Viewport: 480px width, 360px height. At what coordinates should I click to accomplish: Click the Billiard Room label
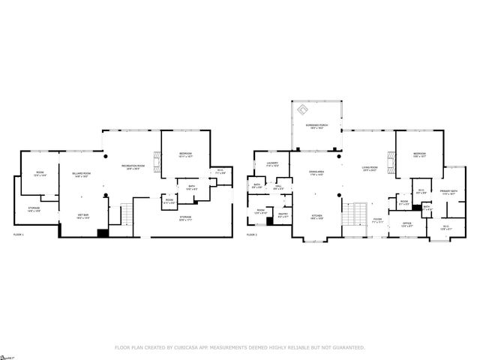[82, 175]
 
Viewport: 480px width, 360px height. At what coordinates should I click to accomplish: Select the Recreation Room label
[134, 167]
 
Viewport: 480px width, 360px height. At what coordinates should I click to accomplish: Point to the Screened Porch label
[316, 126]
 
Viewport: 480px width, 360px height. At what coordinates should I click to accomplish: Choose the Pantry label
[283, 215]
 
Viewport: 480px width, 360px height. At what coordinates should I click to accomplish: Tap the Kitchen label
[317, 217]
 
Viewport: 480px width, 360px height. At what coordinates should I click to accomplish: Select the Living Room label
[370, 168]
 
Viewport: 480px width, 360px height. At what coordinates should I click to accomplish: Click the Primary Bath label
[448, 192]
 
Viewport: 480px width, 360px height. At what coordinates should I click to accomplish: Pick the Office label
[407, 224]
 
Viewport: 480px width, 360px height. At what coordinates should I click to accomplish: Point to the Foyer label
[377, 220]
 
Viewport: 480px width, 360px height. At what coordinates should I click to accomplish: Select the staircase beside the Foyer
[356, 217]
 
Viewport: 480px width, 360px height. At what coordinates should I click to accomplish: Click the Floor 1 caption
[19, 235]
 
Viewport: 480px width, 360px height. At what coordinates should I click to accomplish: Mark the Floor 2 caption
[252, 235]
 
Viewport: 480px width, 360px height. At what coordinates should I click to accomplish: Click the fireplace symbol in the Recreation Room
[156, 159]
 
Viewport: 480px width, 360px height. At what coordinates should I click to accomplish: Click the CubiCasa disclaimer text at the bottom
[239, 347]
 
